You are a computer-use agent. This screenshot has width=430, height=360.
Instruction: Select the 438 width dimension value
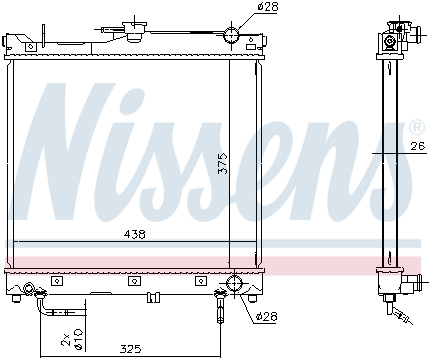134,235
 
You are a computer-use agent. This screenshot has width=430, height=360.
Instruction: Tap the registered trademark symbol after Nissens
416,128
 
